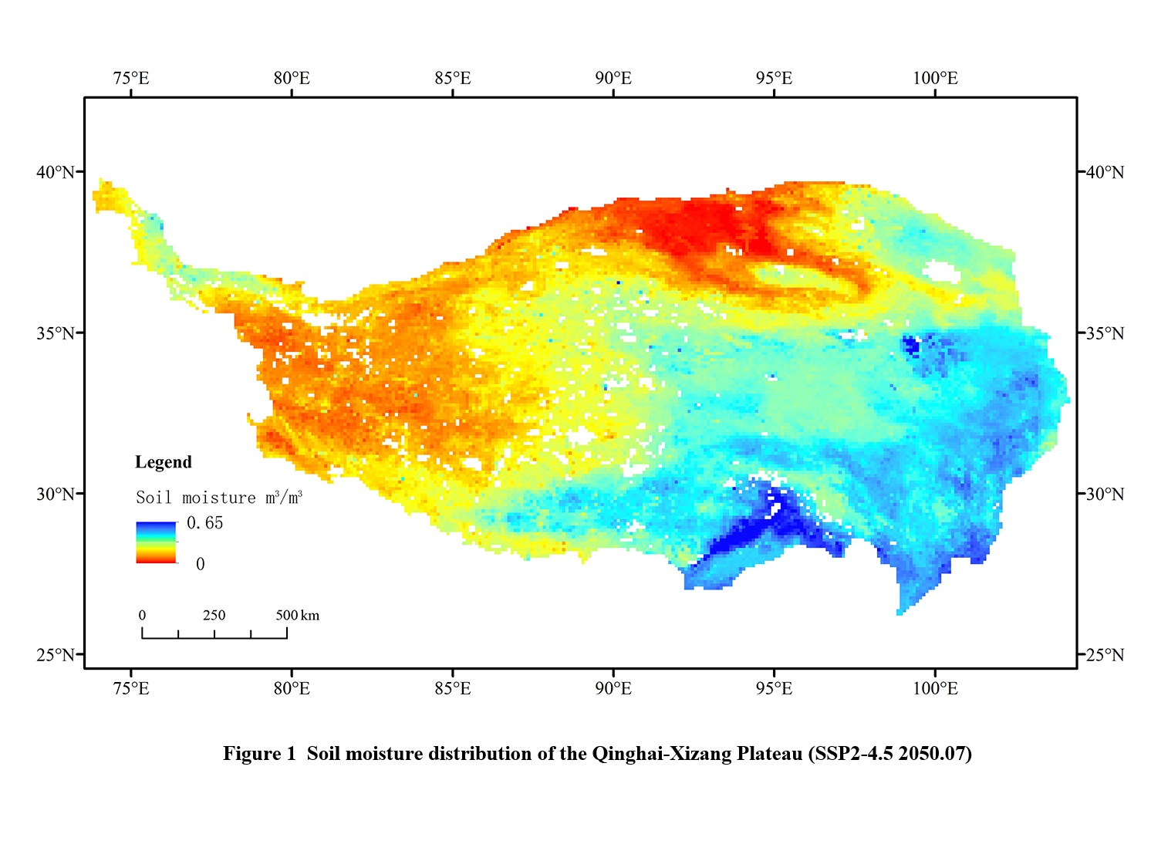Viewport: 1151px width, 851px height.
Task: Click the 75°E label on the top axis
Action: (x=131, y=79)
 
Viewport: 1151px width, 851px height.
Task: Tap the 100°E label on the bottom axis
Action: (x=935, y=688)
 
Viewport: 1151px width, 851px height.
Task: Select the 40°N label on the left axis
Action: (x=56, y=172)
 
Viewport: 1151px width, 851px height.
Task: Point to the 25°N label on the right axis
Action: (x=1105, y=655)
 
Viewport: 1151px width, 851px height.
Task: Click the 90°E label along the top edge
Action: (x=613, y=79)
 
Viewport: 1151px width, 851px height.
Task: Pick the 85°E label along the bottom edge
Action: (x=453, y=688)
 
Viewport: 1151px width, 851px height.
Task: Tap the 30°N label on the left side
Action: (x=56, y=494)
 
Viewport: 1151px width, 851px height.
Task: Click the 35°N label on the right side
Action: (x=1105, y=333)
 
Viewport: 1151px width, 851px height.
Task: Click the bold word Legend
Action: (x=164, y=462)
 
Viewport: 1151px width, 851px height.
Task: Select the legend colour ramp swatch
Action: (x=156, y=542)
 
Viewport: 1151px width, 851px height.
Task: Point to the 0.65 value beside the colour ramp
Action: (x=205, y=523)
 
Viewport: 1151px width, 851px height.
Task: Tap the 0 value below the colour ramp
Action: (x=201, y=564)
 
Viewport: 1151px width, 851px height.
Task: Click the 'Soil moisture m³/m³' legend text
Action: (x=219, y=498)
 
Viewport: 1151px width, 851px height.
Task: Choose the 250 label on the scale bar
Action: (x=214, y=616)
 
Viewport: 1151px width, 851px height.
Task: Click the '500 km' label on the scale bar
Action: (x=298, y=616)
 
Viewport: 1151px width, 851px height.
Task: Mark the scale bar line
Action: (x=214, y=637)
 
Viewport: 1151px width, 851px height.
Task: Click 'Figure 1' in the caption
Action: (x=259, y=754)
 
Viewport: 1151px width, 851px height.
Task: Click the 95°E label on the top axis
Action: (x=774, y=79)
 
